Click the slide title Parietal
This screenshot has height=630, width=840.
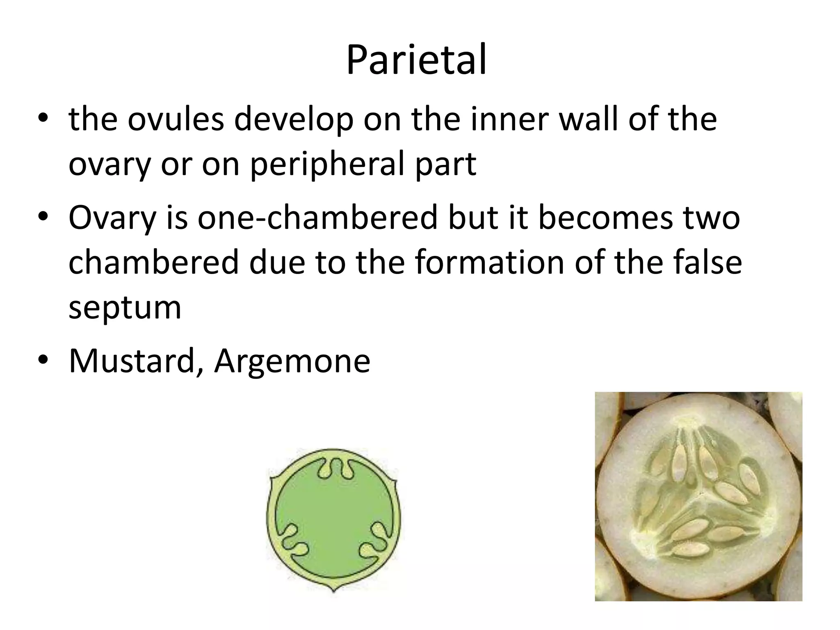point(416,60)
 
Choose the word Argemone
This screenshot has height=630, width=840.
point(292,361)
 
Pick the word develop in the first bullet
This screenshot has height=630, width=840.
point(294,120)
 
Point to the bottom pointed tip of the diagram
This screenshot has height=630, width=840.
point(334,591)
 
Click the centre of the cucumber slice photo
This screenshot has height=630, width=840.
point(698,497)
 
